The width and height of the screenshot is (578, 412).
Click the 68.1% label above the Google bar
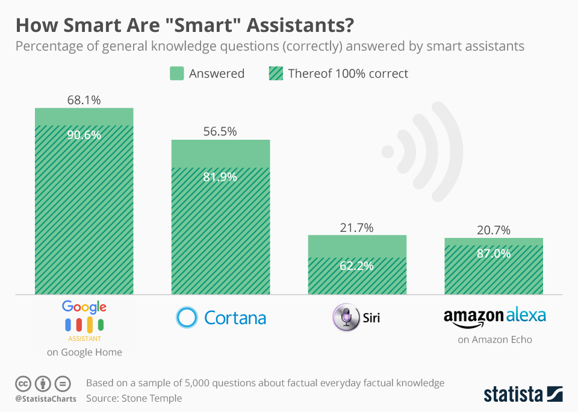click(x=84, y=99)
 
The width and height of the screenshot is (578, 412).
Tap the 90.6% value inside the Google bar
click(x=84, y=135)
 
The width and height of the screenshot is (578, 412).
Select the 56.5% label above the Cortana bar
click(x=220, y=131)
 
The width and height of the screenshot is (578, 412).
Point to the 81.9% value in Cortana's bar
click(x=220, y=177)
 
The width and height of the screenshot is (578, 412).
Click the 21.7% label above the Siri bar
click(x=357, y=227)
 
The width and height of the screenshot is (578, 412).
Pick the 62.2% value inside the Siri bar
click(x=357, y=266)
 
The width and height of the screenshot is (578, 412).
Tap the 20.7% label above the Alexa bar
click(x=494, y=229)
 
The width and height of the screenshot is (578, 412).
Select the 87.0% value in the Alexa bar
click(x=494, y=254)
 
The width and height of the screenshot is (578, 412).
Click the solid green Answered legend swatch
click(x=176, y=73)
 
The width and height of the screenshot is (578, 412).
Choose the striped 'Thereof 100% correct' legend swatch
click(x=275, y=73)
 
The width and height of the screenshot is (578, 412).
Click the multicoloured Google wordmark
click(x=84, y=307)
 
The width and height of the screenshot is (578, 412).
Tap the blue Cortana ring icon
click(x=187, y=317)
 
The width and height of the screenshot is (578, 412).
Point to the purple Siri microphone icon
click(x=346, y=317)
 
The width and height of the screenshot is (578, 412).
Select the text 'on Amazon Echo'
click(x=494, y=340)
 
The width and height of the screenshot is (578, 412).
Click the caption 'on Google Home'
click(x=84, y=352)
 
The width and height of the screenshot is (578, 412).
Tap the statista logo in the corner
click(x=523, y=395)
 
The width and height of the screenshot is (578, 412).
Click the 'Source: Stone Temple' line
click(x=134, y=398)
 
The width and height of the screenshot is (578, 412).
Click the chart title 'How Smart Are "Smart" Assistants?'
click(x=184, y=25)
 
